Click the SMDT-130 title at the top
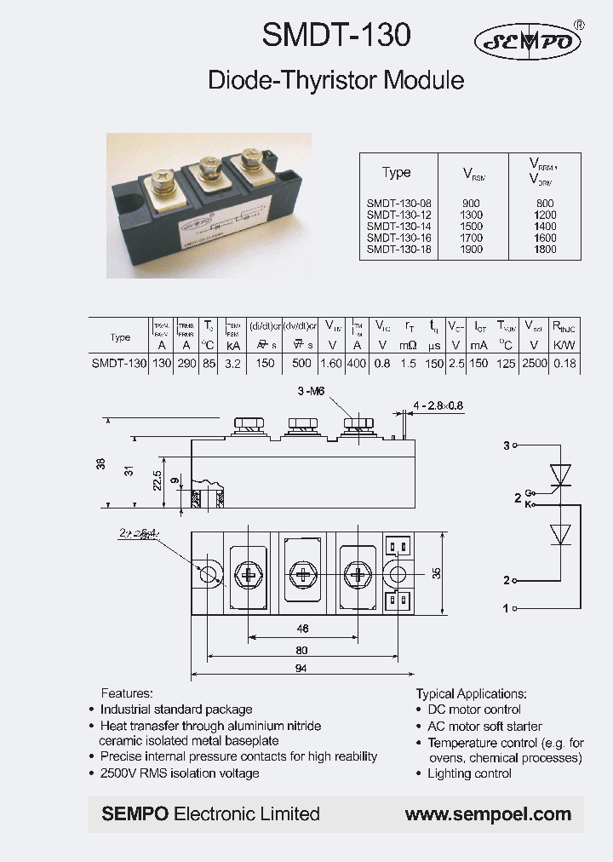(336, 35)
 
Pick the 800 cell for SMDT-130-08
(545, 204)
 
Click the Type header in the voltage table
(396, 172)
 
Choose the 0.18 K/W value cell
(564, 363)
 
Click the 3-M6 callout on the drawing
(311, 392)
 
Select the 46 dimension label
(301, 629)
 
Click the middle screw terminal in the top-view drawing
(303, 574)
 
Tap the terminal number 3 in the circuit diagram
(506, 445)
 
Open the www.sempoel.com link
(488, 814)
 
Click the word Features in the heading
(127, 693)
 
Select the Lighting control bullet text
(469, 773)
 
